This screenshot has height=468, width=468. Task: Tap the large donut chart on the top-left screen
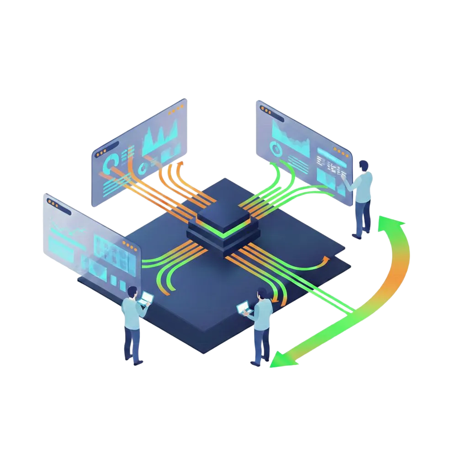pos(111,162)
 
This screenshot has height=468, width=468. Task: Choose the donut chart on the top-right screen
pos(276,148)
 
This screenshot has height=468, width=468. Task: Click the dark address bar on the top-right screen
pos(272,114)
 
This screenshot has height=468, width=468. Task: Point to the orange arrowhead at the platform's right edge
pos(325,260)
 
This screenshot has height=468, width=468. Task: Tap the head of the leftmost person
pos(132,292)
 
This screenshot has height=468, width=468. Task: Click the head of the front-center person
pos(261,293)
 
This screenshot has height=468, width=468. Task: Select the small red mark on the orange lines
pos(176,197)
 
